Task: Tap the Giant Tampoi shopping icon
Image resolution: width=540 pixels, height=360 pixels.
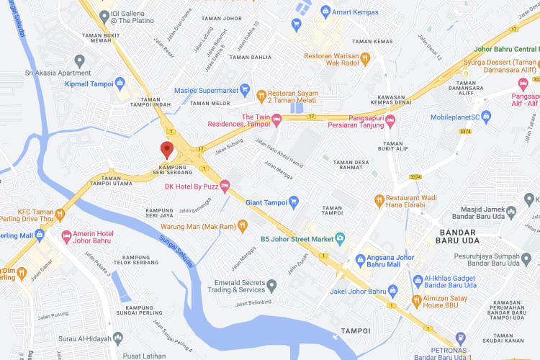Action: (293, 202)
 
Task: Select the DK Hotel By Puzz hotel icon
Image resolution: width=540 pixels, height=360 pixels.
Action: (224, 186)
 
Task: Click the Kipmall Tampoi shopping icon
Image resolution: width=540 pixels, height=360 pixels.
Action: (120, 84)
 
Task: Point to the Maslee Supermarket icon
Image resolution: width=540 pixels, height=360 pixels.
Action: (245, 91)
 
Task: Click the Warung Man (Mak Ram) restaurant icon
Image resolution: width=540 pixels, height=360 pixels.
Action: (243, 226)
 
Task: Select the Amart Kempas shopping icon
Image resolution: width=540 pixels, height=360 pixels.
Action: (325, 11)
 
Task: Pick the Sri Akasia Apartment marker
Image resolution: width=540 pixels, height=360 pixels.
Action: (80, 60)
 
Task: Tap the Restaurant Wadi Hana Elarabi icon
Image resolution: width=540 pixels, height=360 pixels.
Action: (379, 199)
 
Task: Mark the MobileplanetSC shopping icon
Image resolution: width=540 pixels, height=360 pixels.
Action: (486, 116)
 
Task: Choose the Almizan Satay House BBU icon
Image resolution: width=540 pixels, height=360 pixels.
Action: (416, 300)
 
